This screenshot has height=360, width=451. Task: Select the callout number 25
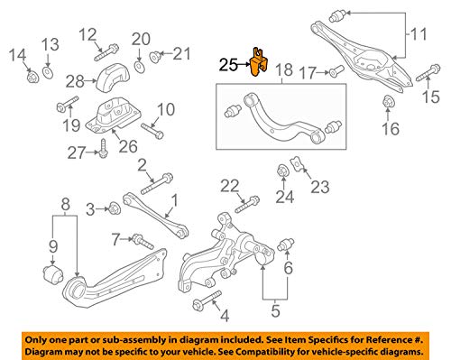click(x=229, y=64)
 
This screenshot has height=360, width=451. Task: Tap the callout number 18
click(x=283, y=70)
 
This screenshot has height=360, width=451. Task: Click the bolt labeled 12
click(x=110, y=52)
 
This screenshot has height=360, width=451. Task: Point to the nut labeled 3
click(x=115, y=210)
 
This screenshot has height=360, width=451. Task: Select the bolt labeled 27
click(x=105, y=147)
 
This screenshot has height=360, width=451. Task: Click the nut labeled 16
click(x=389, y=102)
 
